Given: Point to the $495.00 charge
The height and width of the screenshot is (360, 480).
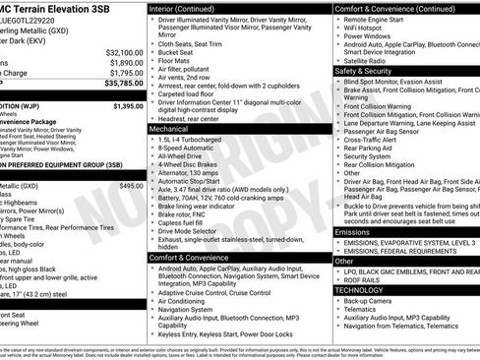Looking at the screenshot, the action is tap(131, 185).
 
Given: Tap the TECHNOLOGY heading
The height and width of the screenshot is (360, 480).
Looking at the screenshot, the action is tap(360, 290).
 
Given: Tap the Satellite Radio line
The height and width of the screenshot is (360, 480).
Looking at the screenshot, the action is tap(373, 60).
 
